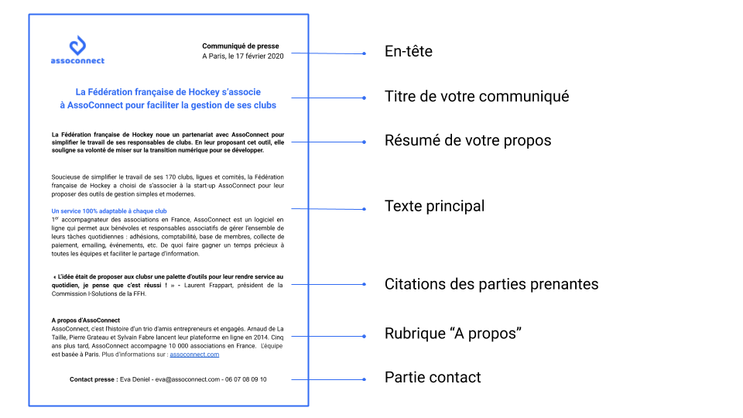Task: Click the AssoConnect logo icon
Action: [x=77, y=45]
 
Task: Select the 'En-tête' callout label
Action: [x=408, y=52]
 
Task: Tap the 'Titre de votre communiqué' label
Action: [x=477, y=97]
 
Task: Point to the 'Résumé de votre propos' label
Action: [x=467, y=141]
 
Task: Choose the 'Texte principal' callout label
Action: [x=434, y=207]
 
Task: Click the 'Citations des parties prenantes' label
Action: [x=491, y=284]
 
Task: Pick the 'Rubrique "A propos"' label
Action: [x=453, y=334]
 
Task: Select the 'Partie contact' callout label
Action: [x=433, y=378]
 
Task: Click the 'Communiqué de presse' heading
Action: [x=241, y=46]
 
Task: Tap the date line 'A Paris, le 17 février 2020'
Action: [x=243, y=57]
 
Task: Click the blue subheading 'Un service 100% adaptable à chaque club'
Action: [x=109, y=211]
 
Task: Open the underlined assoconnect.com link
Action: [x=194, y=355]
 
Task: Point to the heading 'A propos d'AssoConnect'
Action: [x=86, y=320]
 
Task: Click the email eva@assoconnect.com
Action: [x=187, y=379]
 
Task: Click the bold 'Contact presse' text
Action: [x=93, y=379]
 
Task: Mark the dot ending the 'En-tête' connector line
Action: [x=364, y=53]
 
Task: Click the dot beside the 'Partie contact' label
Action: [x=364, y=379]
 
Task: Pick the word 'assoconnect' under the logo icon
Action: [x=77, y=60]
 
